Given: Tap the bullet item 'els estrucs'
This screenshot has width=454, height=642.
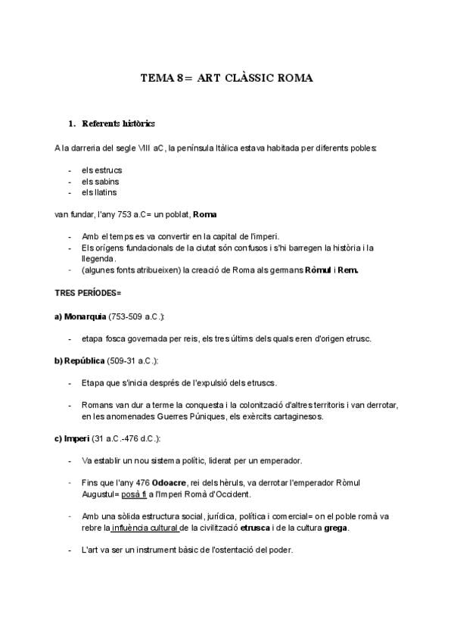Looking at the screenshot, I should click(101, 170).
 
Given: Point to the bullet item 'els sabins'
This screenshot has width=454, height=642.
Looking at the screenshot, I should click(100, 182).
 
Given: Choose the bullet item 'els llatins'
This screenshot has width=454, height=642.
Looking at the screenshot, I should click(99, 192).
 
